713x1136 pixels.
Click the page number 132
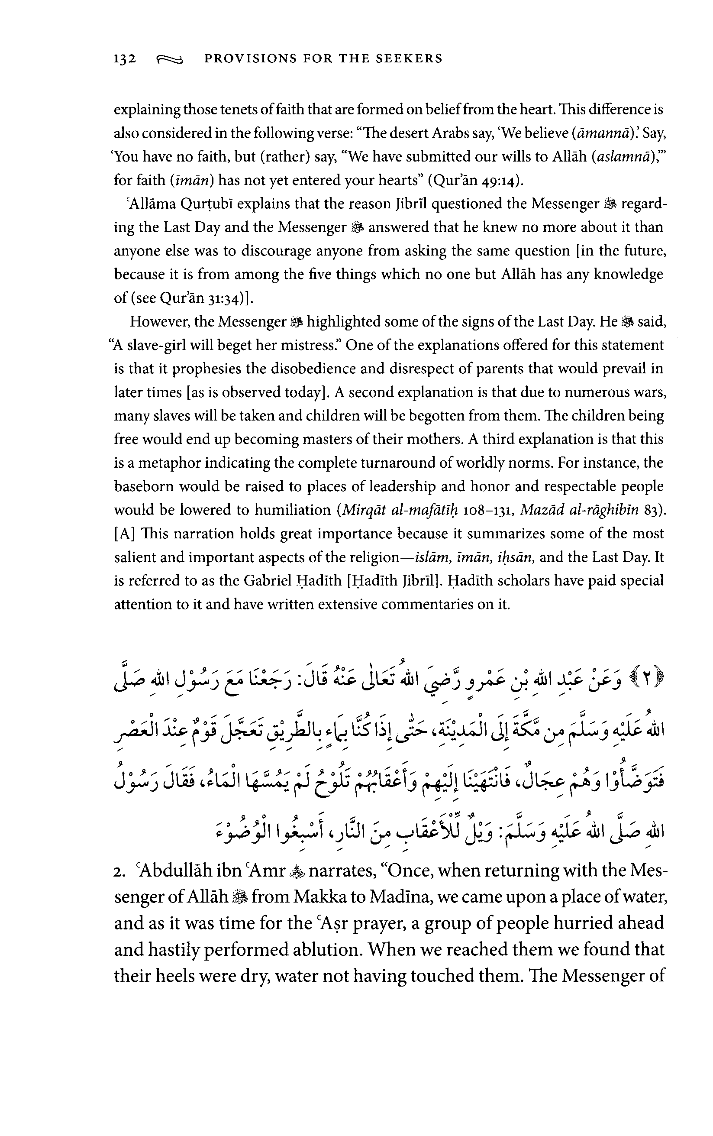125,59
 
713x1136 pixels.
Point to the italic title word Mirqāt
364,510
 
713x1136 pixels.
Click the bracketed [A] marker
125,534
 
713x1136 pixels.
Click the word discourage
276,251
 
